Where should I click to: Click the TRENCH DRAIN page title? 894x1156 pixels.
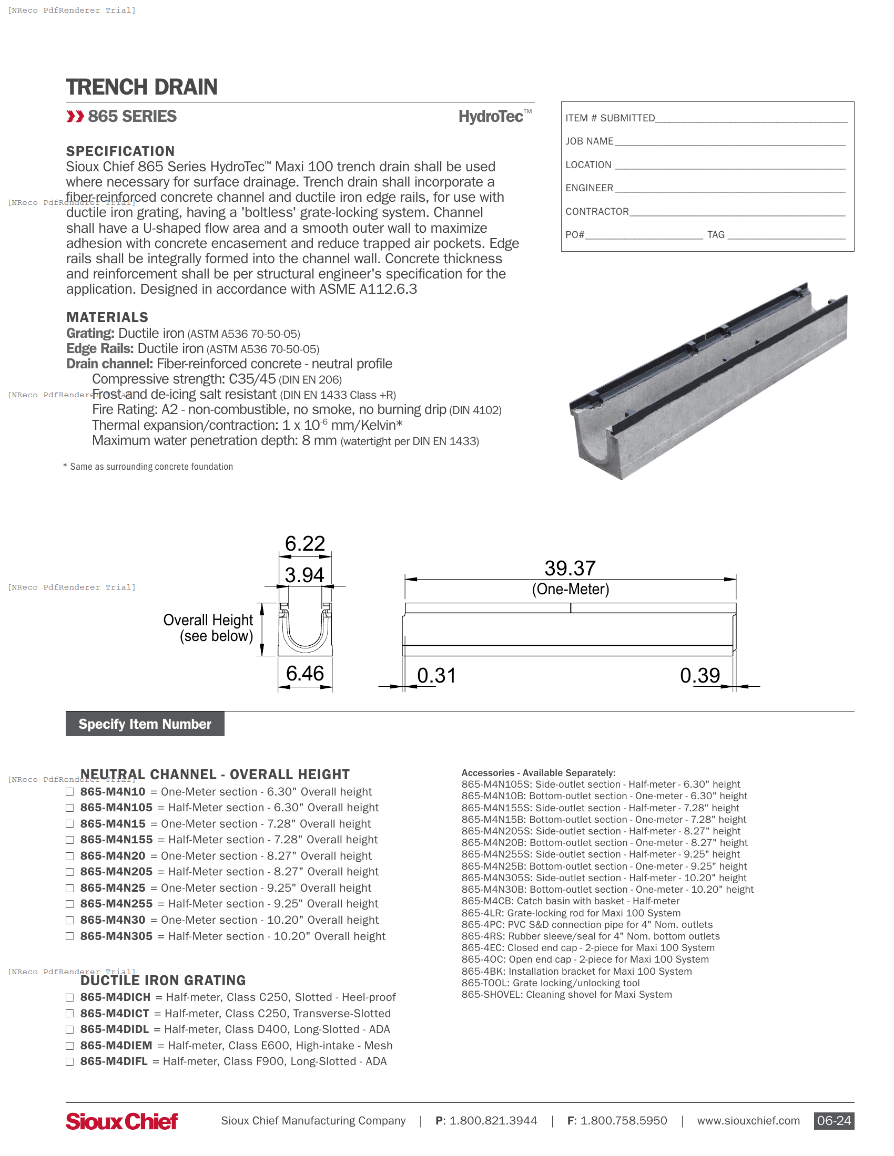tap(141, 87)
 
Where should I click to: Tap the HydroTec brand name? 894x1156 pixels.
tap(491, 117)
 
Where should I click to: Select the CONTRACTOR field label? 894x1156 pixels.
tap(597, 212)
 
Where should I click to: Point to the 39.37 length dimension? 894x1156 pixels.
tap(570, 569)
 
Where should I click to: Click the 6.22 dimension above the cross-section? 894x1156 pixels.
tap(304, 544)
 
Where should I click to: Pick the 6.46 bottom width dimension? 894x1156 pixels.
tap(304, 674)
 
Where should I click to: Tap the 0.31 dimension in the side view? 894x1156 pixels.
tap(436, 676)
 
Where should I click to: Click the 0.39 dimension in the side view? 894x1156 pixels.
tap(699, 676)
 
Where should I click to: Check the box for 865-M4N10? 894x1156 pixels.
tap(69, 792)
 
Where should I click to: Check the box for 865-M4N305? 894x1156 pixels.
tap(69, 936)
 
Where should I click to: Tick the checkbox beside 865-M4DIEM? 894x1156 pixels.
tap(69, 1046)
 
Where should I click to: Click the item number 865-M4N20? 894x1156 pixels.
tap(113, 856)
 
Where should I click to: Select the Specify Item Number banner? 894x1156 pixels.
tap(145, 724)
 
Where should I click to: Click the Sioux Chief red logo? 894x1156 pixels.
tap(122, 1121)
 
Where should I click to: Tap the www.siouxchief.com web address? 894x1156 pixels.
tap(748, 1121)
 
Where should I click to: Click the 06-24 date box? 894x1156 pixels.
tap(834, 1121)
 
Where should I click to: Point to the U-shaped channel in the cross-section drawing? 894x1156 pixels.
tap(305, 633)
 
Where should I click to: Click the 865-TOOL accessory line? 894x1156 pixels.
tap(550, 983)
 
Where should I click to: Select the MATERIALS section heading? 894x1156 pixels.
tap(107, 317)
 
